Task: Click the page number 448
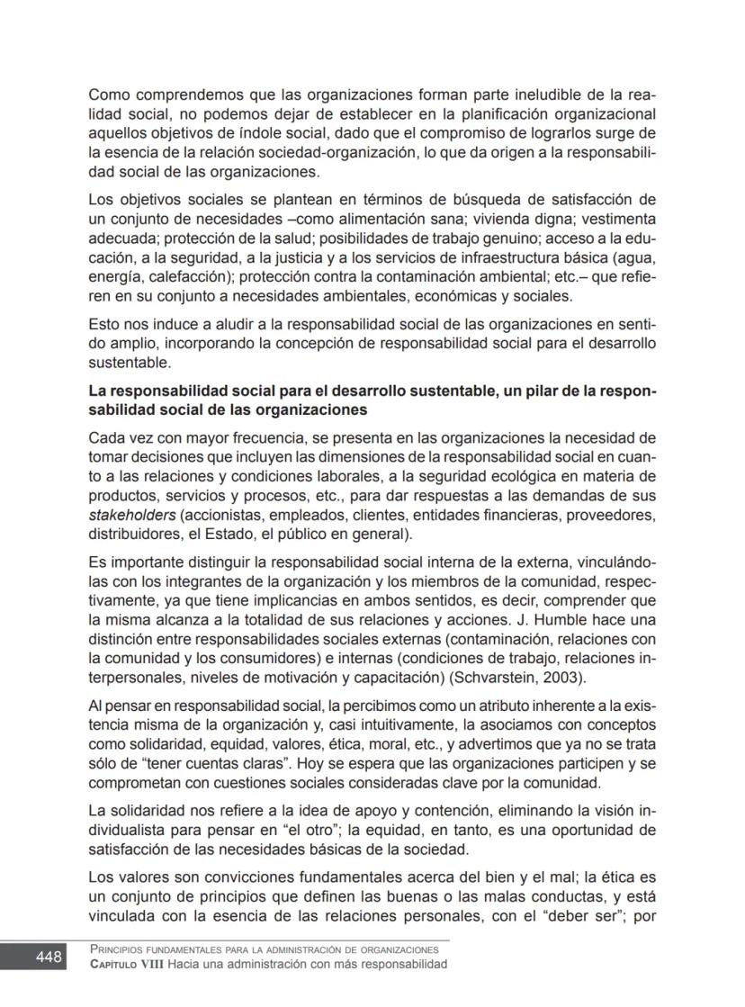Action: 49,958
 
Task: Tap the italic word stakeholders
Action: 131,516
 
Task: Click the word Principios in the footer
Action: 121,949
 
